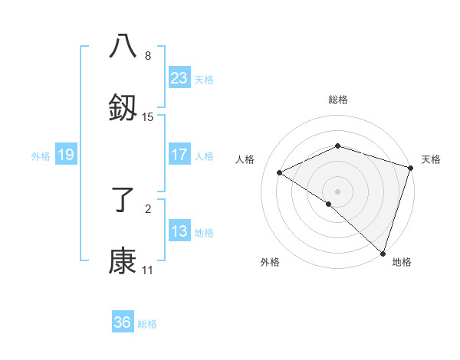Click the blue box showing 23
(179, 78)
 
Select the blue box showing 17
(179, 155)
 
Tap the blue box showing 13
(179, 231)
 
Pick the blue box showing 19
(66, 155)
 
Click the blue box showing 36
(123, 322)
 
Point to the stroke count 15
(148, 117)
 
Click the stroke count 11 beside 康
(147, 270)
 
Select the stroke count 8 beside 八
(148, 56)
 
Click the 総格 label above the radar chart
(338, 100)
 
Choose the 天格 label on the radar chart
(431, 159)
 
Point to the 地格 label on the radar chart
(402, 262)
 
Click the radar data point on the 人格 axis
(280, 173)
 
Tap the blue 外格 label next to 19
(41, 155)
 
